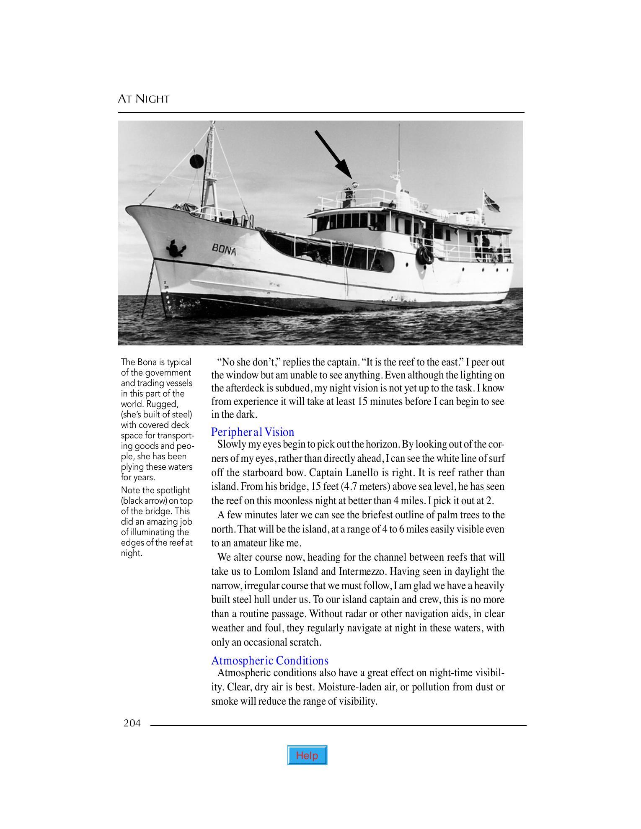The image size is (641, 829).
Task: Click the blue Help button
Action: coord(307,755)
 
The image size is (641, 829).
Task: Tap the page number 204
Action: coord(132,723)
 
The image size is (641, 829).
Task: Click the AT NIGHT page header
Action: coord(144,99)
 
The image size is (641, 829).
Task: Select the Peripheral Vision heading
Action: coord(253,432)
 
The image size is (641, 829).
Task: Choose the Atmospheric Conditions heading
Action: coord(270,660)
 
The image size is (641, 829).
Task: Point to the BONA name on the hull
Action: coord(224,250)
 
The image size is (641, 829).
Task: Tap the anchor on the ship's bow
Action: coord(176,248)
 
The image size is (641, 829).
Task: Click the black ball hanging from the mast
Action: coord(196,161)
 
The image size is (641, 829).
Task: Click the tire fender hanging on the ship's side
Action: coord(424,255)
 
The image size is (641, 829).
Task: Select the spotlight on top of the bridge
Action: coord(354,184)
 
